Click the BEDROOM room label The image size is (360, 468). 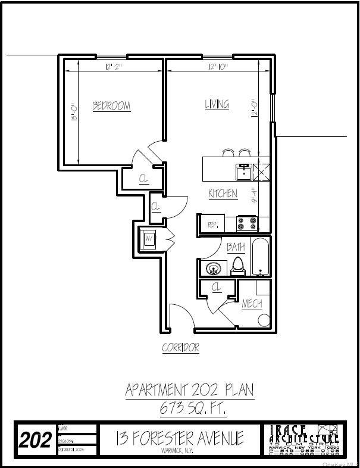[x=111, y=106]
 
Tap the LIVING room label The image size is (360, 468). [x=217, y=104]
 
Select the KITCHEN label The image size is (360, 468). [x=223, y=194]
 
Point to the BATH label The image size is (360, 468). [x=236, y=246]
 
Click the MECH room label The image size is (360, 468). [x=252, y=304]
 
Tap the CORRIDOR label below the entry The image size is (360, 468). [x=180, y=348]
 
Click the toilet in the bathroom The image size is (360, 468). [x=238, y=266]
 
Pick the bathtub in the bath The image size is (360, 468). [x=261, y=257]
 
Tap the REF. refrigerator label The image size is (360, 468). [x=212, y=224]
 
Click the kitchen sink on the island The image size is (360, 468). [x=243, y=171]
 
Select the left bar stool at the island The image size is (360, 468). [x=228, y=152]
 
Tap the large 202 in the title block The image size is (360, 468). [x=36, y=441]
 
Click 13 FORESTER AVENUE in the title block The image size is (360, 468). [x=180, y=439]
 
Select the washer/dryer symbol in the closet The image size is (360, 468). [x=149, y=241]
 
